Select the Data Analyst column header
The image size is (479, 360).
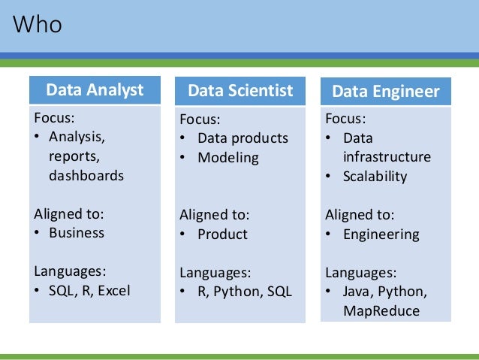(95, 91)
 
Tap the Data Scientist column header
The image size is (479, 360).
(240, 92)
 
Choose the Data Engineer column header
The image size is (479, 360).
(386, 92)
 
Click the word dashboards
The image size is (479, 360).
(86, 176)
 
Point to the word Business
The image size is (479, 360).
(77, 232)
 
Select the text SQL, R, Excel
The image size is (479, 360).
(89, 290)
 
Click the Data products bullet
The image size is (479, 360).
(243, 138)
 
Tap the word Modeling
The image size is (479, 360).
(228, 158)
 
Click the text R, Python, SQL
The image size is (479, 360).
(245, 292)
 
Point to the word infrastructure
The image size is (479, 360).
(387, 157)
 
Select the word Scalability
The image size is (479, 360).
(375, 177)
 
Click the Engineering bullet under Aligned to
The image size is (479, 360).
(381, 234)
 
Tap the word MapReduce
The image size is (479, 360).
(381, 310)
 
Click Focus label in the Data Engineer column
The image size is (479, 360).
(345, 119)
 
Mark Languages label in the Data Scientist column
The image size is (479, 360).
(215, 272)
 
